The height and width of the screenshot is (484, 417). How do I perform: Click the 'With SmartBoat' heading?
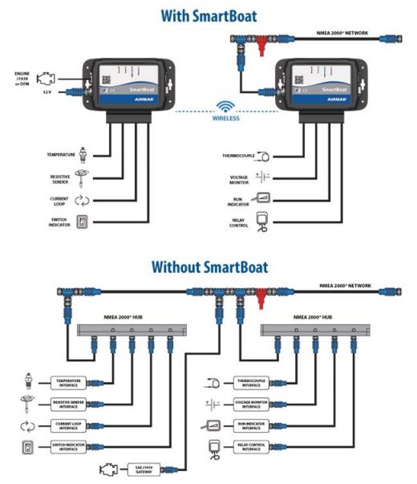point(208,14)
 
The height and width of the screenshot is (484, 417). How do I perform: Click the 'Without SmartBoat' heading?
point(208,266)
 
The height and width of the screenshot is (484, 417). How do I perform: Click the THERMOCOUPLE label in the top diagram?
point(238,155)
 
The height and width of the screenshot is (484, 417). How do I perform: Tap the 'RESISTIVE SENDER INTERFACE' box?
point(71,402)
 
